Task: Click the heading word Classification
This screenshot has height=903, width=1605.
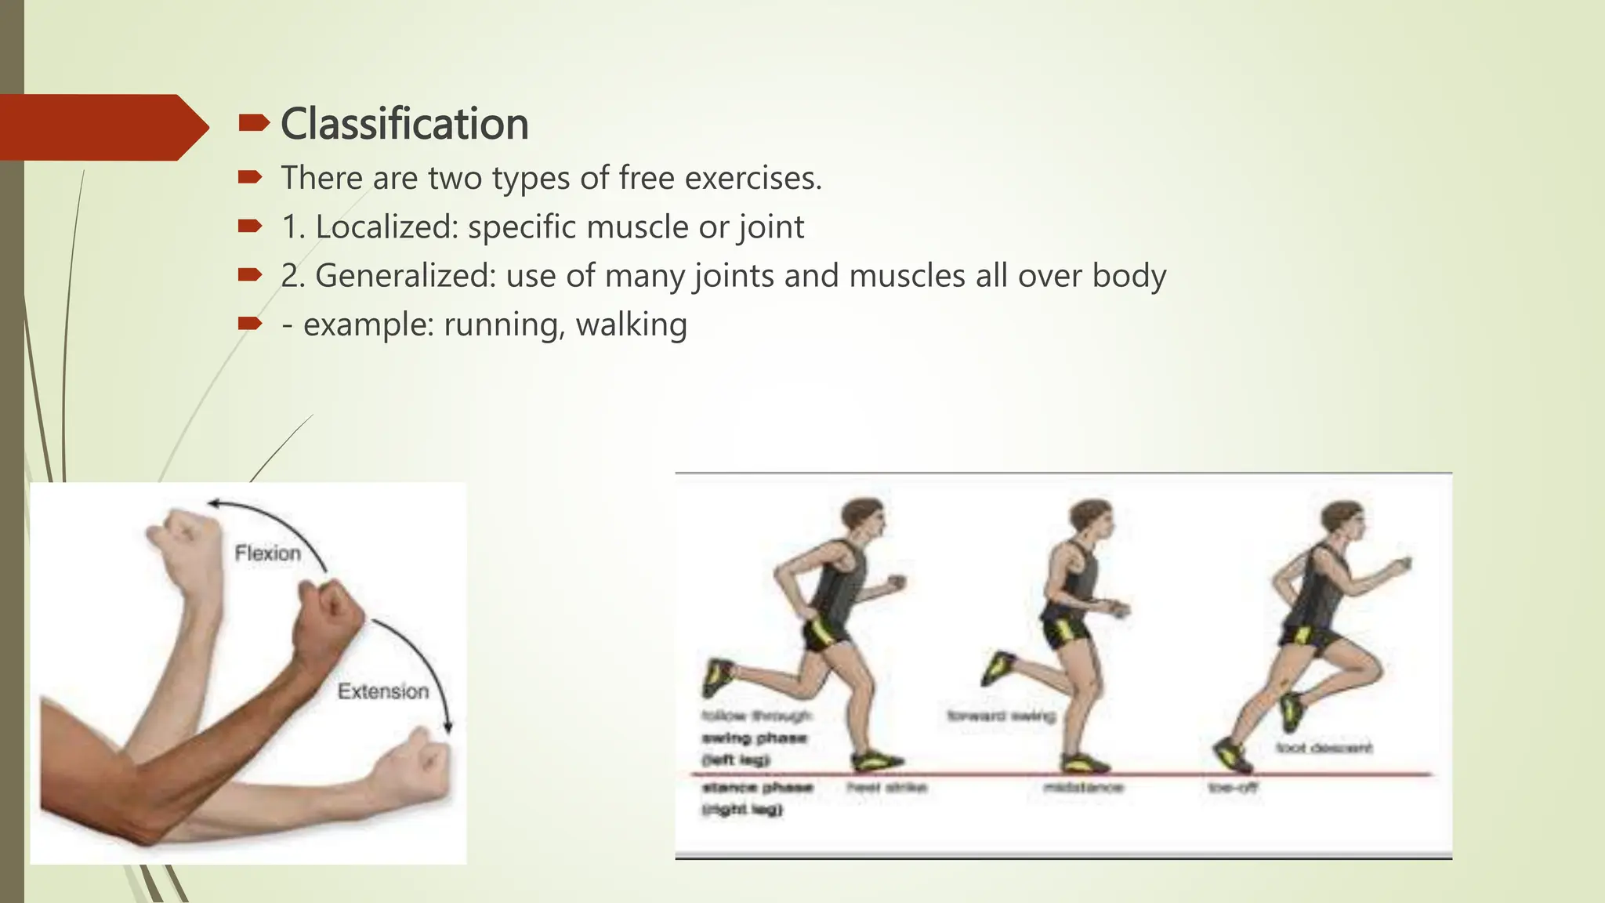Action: [x=404, y=125]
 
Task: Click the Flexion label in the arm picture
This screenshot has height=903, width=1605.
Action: [x=268, y=553]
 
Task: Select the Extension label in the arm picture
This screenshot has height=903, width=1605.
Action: [x=383, y=691]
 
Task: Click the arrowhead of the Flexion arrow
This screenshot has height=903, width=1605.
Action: [x=214, y=503]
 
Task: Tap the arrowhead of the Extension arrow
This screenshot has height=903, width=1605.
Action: [x=448, y=728]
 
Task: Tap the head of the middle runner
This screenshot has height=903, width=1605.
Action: [x=1090, y=519]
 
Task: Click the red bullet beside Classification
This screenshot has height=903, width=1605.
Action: [x=253, y=123]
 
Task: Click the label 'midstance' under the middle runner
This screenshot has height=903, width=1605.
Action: [x=1084, y=787]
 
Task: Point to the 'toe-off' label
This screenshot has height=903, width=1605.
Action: [x=1233, y=787]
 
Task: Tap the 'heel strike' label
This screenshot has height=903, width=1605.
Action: [x=887, y=787]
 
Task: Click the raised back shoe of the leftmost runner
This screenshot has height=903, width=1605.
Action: [x=717, y=676]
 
